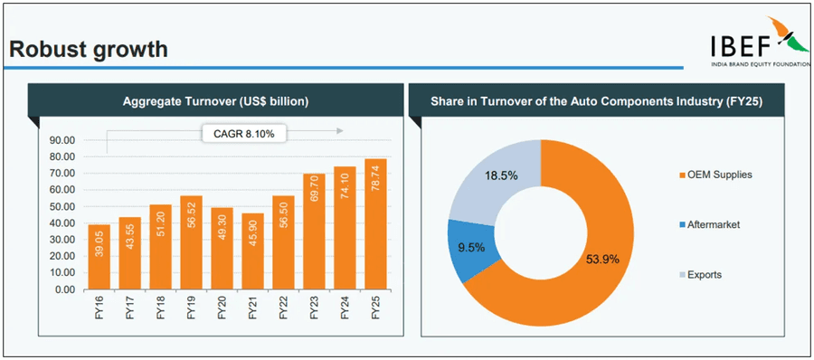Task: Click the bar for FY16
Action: [x=99, y=258]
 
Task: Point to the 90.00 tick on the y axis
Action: [x=62, y=140]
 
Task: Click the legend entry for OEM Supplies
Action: [x=714, y=175]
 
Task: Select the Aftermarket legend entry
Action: [x=710, y=223]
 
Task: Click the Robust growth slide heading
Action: [x=89, y=49]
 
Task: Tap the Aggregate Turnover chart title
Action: [x=216, y=102]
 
